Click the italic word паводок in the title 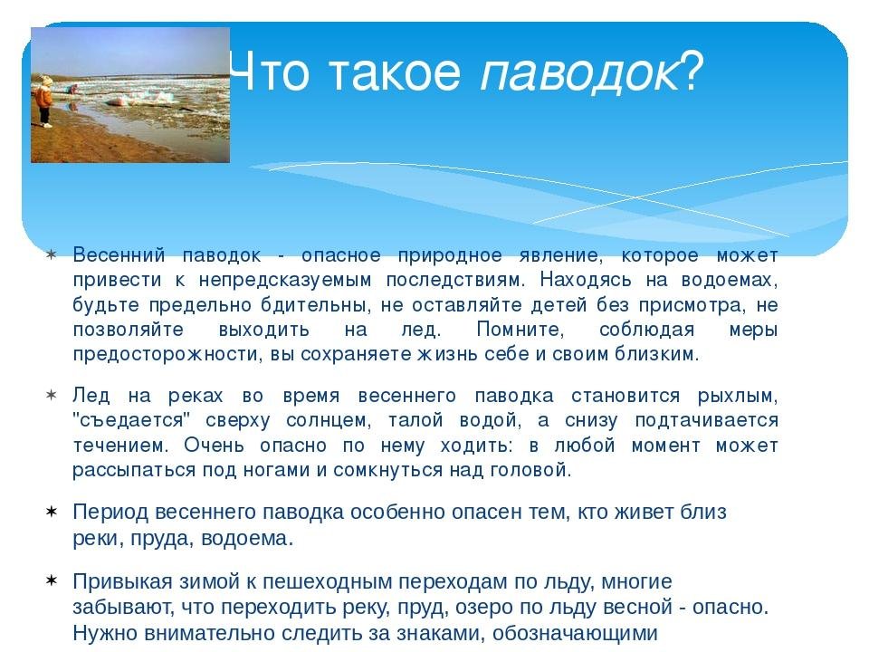point(579,72)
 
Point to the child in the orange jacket point(43,101)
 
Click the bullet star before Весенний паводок point(51,255)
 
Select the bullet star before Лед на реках point(51,396)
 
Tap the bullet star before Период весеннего point(51,511)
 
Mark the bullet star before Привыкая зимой point(51,581)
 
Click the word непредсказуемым point(285,281)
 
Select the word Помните point(520,330)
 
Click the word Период point(110,513)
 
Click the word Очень point(214,445)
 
